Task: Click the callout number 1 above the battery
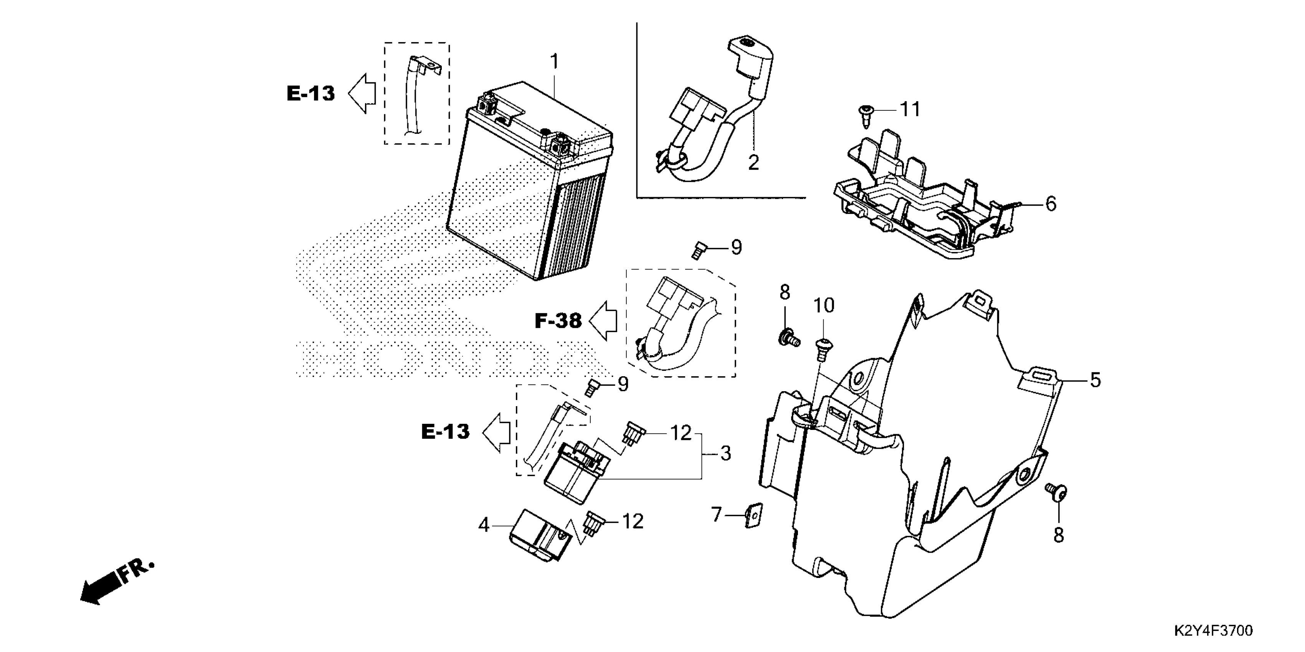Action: pyautogui.click(x=555, y=62)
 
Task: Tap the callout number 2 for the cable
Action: pyautogui.click(x=753, y=163)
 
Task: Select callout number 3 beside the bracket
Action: pyautogui.click(x=725, y=454)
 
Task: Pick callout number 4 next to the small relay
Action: pyautogui.click(x=484, y=525)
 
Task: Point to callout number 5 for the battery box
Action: pyautogui.click(x=1095, y=380)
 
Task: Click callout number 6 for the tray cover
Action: pyautogui.click(x=1051, y=204)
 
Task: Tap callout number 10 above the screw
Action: pyautogui.click(x=824, y=306)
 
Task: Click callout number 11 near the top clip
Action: pyautogui.click(x=910, y=109)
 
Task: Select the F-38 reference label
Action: pyautogui.click(x=558, y=321)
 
